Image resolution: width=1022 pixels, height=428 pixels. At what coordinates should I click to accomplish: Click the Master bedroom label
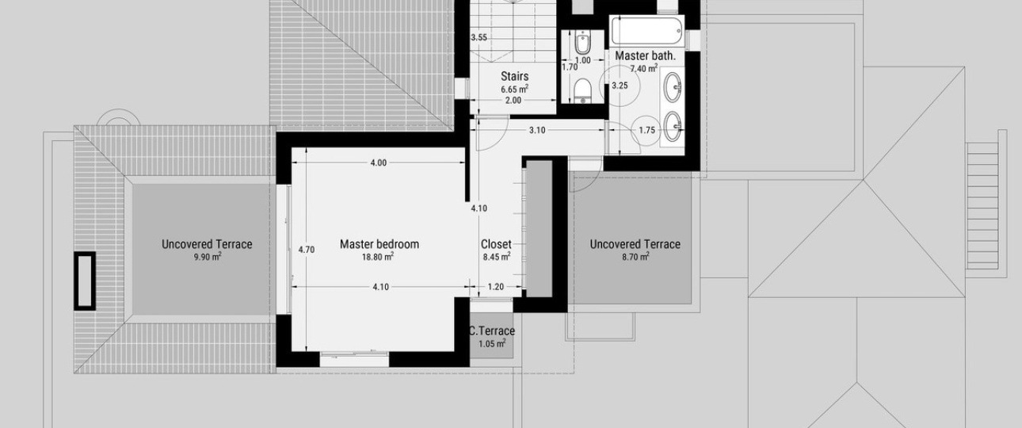pyautogui.click(x=379, y=244)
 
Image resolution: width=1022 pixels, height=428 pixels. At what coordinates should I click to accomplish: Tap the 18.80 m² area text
pyautogui.click(x=378, y=257)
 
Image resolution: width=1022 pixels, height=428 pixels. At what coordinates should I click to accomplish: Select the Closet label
pyautogui.click(x=496, y=244)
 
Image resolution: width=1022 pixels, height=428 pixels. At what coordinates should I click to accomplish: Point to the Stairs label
pyautogui.click(x=515, y=76)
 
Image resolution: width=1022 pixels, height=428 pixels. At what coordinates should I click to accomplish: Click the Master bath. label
pyautogui.click(x=645, y=55)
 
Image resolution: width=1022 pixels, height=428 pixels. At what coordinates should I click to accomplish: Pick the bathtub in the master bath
pyautogui.click(x=647, y=31)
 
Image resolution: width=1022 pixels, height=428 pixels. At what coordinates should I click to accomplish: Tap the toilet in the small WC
pyautogui.click(x=582, y=90)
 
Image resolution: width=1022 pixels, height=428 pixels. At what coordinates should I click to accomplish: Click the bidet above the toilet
pyautogui.click(x=582, y=43)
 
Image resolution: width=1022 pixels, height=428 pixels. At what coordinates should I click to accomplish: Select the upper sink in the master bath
pyautogui.click(x=673, y=86)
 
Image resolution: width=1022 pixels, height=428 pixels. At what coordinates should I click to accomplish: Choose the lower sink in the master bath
pyautogui.click(x=673, y=126)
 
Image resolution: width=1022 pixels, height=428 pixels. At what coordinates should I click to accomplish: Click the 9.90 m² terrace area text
pyautogui.click(x=208, y=257)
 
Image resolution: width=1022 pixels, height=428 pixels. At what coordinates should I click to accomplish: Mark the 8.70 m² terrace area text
pyautogui.click(x=635, y=257)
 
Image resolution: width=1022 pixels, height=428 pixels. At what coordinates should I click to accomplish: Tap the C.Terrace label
pyautogui.click(x=492, y=331)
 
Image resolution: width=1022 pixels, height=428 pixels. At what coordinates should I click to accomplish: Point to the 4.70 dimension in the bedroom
pyautogui.click(x=306, y=250)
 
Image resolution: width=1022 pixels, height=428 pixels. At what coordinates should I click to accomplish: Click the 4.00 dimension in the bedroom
pyautogui.click(x=378, y=163)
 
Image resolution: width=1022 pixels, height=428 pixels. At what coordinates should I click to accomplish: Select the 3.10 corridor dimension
pyautogui.click(x=537, y=130)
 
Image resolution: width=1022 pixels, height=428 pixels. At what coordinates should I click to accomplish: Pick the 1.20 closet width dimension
pyautogui.click(x=495, y=287)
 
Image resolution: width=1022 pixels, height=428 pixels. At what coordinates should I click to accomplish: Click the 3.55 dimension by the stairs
pyautogui.click(x=479, y=38)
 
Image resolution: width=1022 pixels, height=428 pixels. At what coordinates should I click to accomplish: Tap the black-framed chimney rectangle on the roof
pyautogui.click(x=85, y=281)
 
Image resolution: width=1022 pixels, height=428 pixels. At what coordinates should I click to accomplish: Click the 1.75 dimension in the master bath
pyautogui.click(x=647, y=131)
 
